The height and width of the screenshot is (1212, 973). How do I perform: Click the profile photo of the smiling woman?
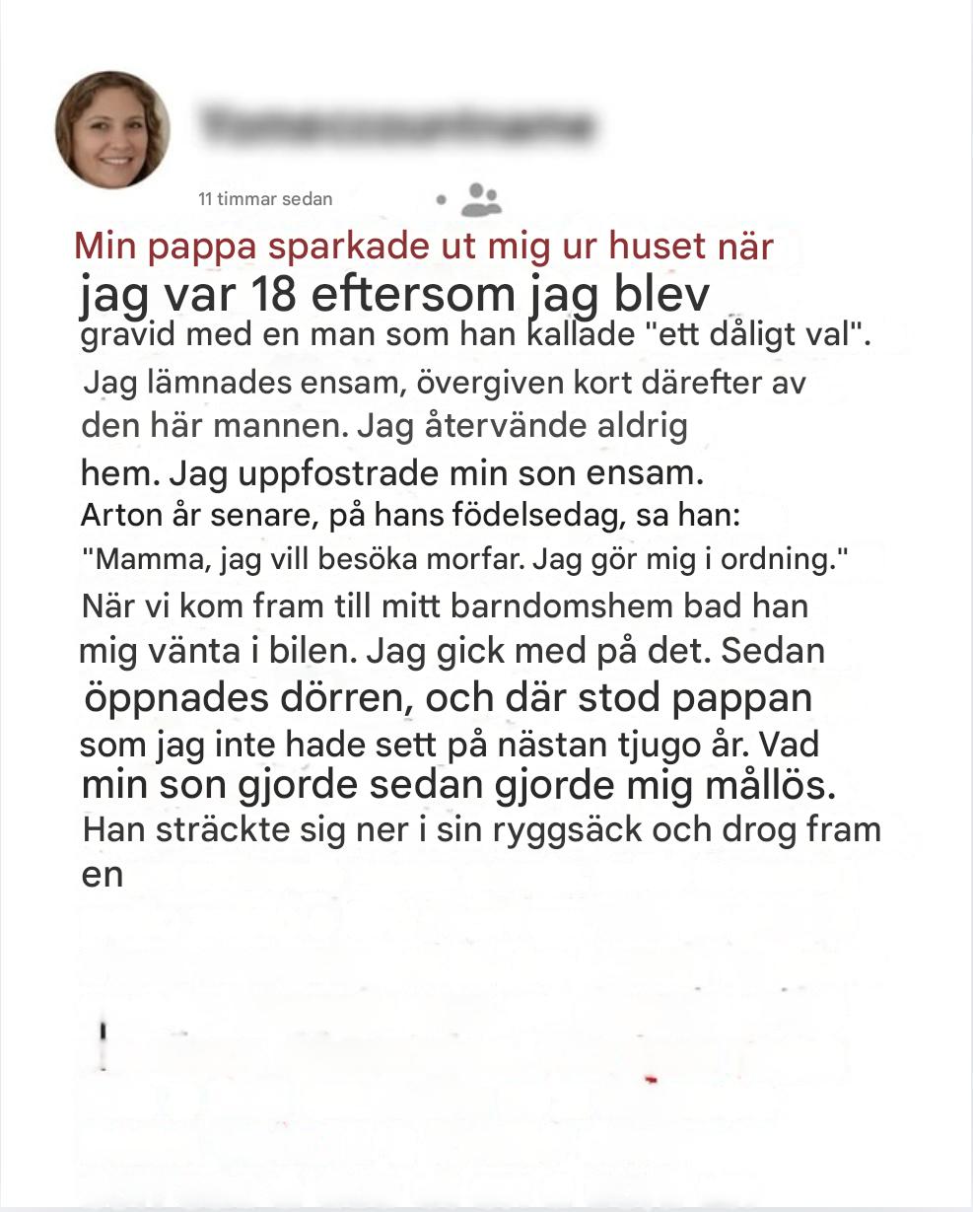(112, 129)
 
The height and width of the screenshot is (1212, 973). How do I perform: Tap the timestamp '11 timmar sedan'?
(265, 198)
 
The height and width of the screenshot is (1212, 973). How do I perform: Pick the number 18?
(272, 294)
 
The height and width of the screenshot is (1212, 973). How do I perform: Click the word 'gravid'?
(125, 334)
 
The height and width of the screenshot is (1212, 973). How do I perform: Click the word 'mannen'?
(290, 427)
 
